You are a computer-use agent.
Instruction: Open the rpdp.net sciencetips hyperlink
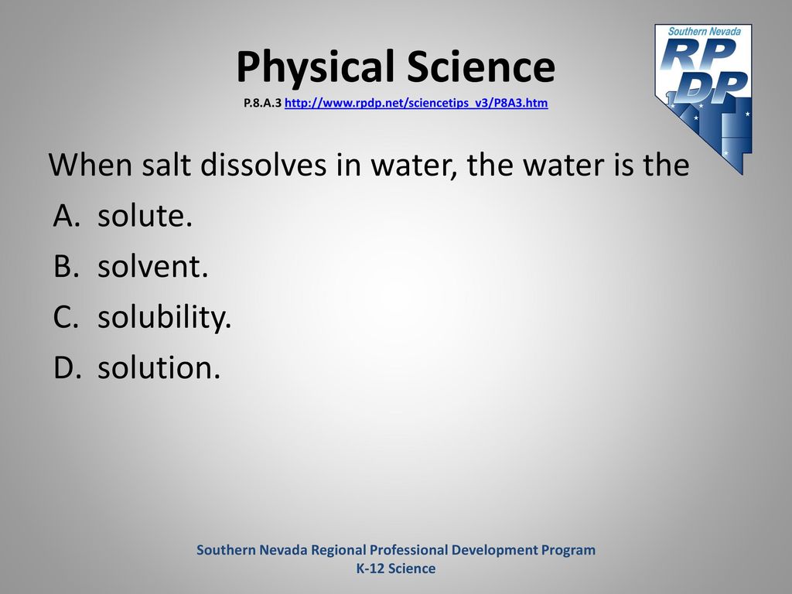click(x=416, y=103)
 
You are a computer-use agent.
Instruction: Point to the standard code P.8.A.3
click(x=262, y=103)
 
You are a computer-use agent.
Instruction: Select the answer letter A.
click(x=67, y=216)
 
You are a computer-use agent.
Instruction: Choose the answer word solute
click(x=145, y=216)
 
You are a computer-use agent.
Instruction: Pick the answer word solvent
click(x=152, y=266)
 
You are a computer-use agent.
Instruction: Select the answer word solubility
click(x=164, y=318)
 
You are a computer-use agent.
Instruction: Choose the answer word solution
click(x=159, y=367)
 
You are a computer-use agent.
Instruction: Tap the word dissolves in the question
click(x=263, y=165)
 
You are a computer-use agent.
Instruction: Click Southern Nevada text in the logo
click(x=704, y=31)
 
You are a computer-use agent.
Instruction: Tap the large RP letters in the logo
click(x=698, y=54)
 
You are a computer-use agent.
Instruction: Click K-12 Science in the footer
click(x=396, y=568)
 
